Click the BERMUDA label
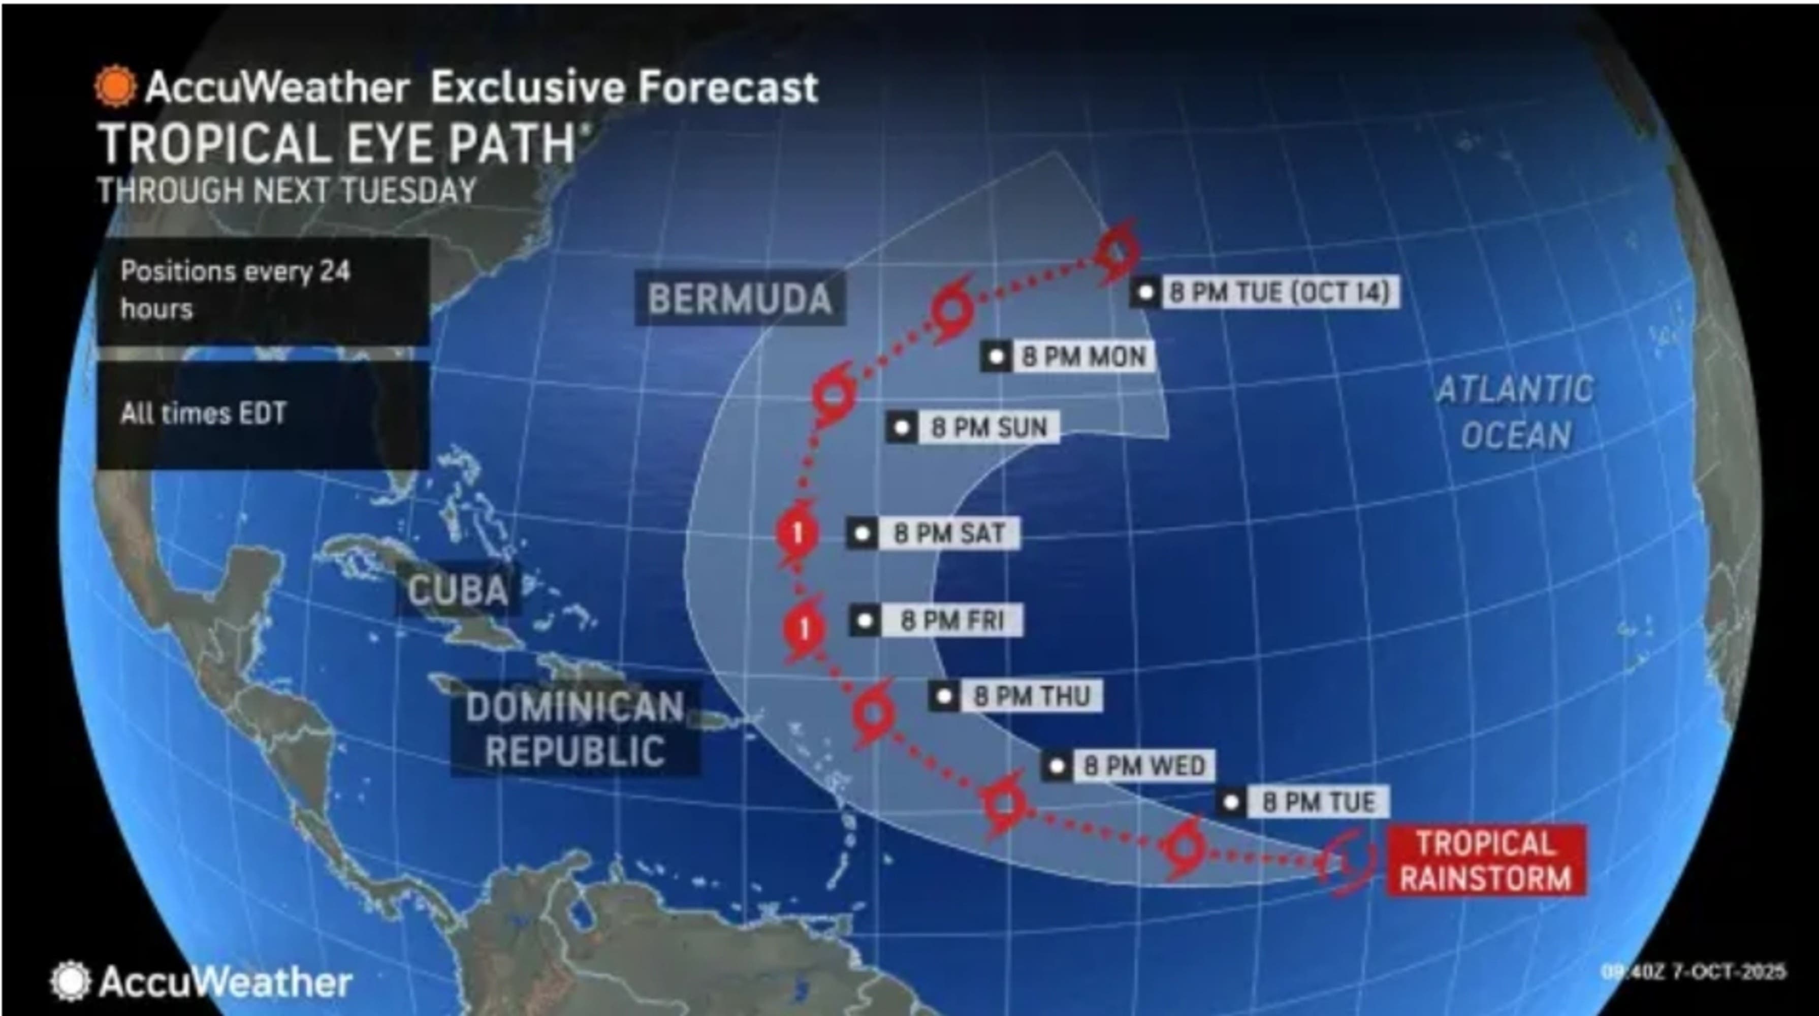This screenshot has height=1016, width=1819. click(739, 299)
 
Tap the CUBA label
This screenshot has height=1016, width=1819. click(458, 590)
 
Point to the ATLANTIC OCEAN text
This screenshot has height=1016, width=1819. click(1515, 412)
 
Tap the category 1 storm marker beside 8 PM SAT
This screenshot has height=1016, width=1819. click(797, 532)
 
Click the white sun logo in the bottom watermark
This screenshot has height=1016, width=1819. click(70, 981)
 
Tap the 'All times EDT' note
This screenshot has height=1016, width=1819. click(203, 413)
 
